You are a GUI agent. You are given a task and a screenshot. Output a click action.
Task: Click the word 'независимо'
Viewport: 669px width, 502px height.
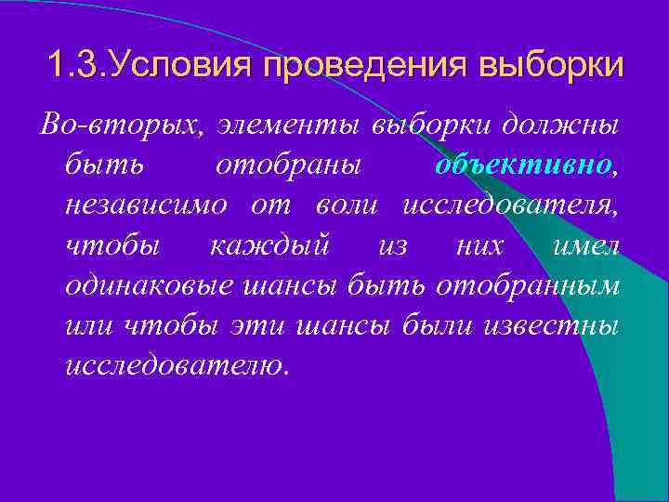[145, 205]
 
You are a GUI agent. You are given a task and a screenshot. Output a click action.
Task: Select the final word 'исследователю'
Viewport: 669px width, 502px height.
[177, 365]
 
